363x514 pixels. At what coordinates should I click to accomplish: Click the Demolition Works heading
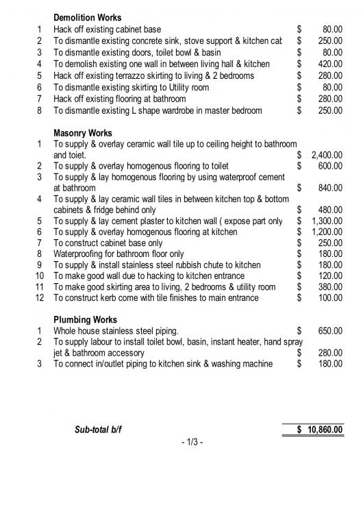pyautogui.click(x=88, y=17)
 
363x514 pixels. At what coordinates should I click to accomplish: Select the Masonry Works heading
pyautogui.click(x=83, y=133)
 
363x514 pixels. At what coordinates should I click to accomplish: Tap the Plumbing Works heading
pyautogui.click(x=86, y=319)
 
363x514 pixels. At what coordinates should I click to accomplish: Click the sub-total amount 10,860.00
pyautogui.click(x=320, y=430)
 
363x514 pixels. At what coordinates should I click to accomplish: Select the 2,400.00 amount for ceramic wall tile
pyautogui.click(x=327, y=156)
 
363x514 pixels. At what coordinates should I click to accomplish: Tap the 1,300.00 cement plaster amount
pyautogui.click(x=327, y=221)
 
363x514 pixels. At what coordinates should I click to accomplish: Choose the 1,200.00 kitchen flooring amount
pyautogui.click(x=327, y=232)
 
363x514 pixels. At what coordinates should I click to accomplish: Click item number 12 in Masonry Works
pyautogui.click(x=39, y=297)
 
